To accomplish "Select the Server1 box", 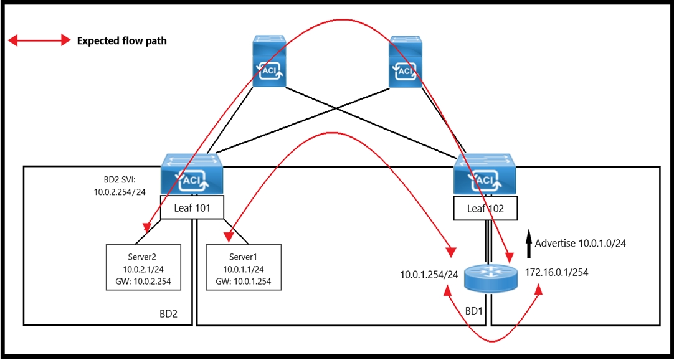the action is point(244,268).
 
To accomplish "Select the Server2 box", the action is point(143,268).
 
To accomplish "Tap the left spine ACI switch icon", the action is point(270,62).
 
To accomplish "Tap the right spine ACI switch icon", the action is point(405,62).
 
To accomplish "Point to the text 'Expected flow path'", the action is point(121,41).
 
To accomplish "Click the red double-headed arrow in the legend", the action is point(39,41).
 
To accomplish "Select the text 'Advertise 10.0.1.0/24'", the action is point(581,243).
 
